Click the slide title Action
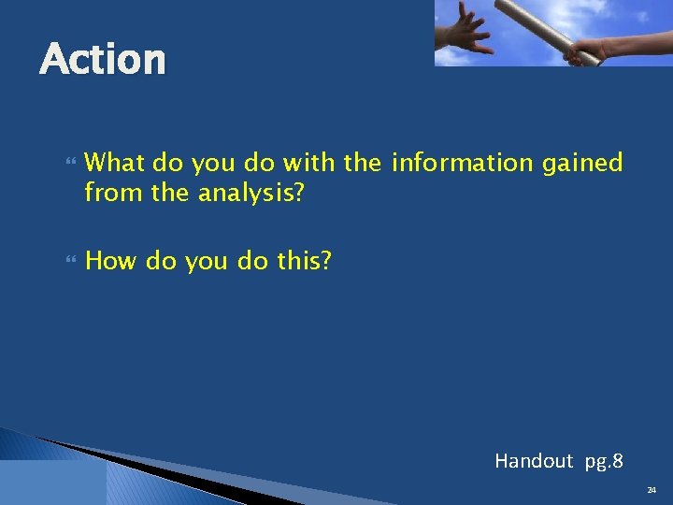click(103, 60)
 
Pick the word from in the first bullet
click(107, 194)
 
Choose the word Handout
click(533, 460)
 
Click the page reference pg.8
click(604, 461)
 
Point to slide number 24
click(651, 489)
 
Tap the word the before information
click(363, 164)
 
